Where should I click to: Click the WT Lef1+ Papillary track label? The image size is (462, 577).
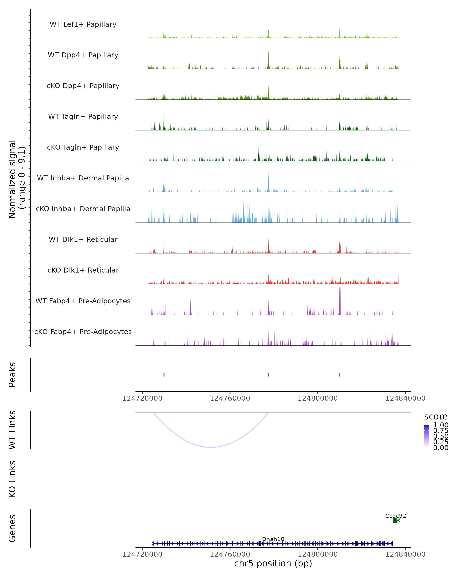click(83, 25)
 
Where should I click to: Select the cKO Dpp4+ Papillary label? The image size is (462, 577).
click(83, 86)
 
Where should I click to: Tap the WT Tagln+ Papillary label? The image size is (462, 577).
click(83, 117)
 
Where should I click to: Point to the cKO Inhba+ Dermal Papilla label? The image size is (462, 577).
click(83, 209)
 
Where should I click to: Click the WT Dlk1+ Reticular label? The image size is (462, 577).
click(83, 239)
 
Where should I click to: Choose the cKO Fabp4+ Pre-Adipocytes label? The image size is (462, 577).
click(83, 332)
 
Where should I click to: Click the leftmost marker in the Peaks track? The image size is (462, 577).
click(164, 375)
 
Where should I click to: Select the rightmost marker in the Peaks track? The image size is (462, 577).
click(339, 375)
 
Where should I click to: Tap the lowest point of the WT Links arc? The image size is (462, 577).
click(211, 447)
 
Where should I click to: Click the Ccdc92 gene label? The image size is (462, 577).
click(395, 516)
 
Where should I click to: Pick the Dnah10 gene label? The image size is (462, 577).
click(273, 539)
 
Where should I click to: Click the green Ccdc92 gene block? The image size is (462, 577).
click(395, 520)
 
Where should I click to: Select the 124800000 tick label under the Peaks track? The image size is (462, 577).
click(318, 399)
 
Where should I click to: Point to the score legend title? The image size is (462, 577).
click(435, 417)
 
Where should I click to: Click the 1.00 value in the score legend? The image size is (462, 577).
click(441, 425)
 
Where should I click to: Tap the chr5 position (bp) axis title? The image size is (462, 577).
click(273, 564)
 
